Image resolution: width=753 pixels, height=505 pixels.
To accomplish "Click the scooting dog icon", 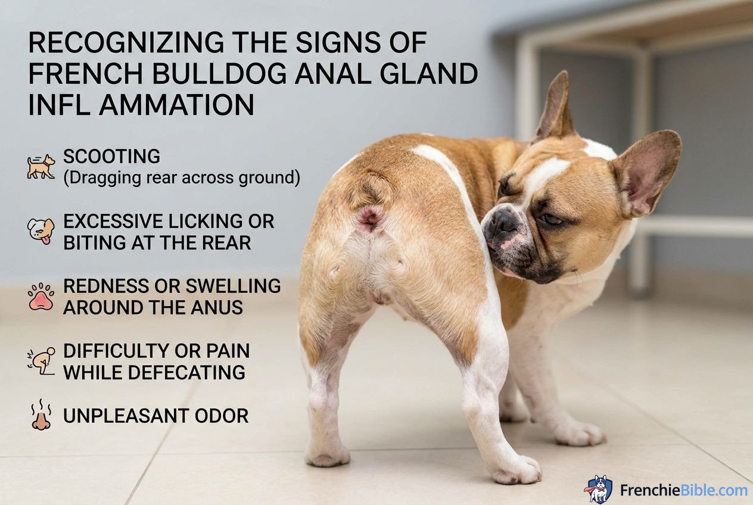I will point(41,167).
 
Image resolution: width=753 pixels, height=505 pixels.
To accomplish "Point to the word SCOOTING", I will point(111,157).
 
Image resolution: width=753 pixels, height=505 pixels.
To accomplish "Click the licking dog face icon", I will point(41,231).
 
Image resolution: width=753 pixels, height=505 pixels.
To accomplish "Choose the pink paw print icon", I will point(41,296).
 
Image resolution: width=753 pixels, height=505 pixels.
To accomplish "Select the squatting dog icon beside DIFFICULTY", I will point(41,361).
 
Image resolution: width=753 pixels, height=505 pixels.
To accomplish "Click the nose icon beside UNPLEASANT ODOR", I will point(41,415).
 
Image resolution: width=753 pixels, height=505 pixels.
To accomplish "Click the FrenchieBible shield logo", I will point(598,489).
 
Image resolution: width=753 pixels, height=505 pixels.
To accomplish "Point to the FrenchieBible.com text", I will point(683,490).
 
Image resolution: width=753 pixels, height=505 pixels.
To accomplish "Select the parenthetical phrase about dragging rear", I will point(182,177).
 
